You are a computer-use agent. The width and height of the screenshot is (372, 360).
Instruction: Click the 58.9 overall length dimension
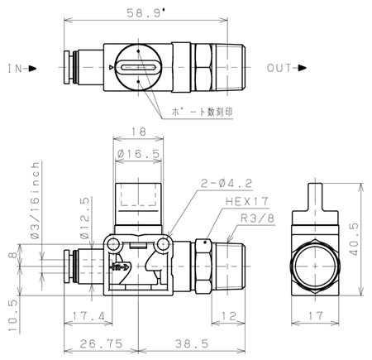pyautogui.click(x=145, y=13)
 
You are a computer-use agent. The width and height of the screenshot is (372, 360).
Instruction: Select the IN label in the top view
pyautogui.click(x=15, y=69)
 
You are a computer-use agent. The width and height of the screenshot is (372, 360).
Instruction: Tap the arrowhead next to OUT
pyautogui.click(x=303, y=68)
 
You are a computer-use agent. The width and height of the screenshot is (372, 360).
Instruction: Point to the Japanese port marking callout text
pyautogui.click(x=202, y=112)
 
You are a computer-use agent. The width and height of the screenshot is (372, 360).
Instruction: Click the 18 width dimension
pyautogui.click(x=139, y=132)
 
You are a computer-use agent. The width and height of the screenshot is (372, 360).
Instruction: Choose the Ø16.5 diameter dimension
pyautogui.click(x=138, y=153)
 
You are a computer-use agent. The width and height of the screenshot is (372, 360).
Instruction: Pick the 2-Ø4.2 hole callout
pyautogui.click(x=227, y=183)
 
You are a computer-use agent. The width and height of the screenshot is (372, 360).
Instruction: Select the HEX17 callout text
pyautogui.click(x=247, y=202)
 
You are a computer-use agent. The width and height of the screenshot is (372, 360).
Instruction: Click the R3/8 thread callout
pyautogui.click(x=258, y=218)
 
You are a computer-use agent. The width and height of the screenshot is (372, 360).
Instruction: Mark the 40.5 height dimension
pyautogui.click(x=355, y=239)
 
